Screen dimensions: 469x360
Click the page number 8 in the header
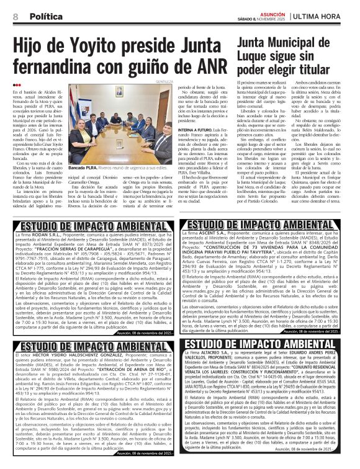[x=14, y=16]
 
